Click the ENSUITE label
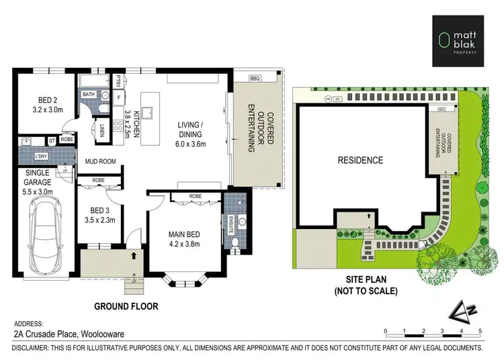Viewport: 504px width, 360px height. (x=230, y=224)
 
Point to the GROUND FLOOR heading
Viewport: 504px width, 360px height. (x=126, y=306)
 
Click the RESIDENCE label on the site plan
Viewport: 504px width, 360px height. (x=360, y=161)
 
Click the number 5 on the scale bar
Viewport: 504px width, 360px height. (x=480, y=331)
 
